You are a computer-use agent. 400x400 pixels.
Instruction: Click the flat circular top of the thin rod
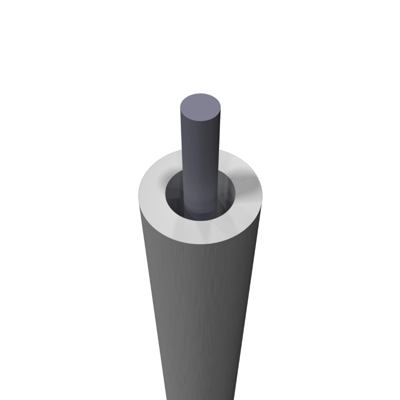(200, 107)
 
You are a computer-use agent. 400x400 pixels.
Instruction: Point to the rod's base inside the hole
(200, 212)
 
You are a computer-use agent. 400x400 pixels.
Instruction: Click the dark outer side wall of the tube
(200, 310)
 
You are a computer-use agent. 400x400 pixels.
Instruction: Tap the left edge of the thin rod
(180, 145)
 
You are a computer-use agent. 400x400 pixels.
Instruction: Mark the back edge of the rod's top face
(200, 93)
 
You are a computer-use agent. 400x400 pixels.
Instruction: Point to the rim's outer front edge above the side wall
(200, 243)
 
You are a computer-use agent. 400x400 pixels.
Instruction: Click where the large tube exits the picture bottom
(200, 397)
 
